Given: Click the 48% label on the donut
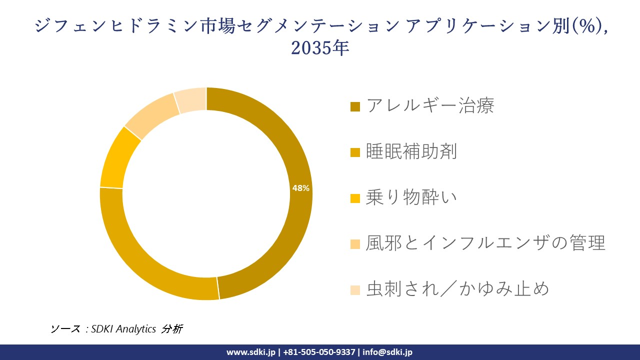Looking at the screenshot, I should tap(301, 188).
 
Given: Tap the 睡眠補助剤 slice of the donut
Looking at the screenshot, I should tap(150, 265).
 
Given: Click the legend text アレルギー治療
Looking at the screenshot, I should tap(430, 106).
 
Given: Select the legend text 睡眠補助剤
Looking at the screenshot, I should tap(411, 151).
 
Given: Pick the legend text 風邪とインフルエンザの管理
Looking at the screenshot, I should tap(485, 243).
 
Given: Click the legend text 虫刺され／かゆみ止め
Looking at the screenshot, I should tap(457, 289).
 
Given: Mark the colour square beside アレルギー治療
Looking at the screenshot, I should tap(355, 106).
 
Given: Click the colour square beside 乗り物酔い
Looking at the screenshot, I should tap(355, 198).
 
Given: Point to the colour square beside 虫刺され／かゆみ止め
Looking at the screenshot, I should tap(355, 290).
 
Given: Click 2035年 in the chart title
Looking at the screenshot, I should tap(319, 48).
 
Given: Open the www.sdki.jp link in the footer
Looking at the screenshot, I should tap(251, 352).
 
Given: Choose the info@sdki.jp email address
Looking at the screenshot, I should tap(387, 352).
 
